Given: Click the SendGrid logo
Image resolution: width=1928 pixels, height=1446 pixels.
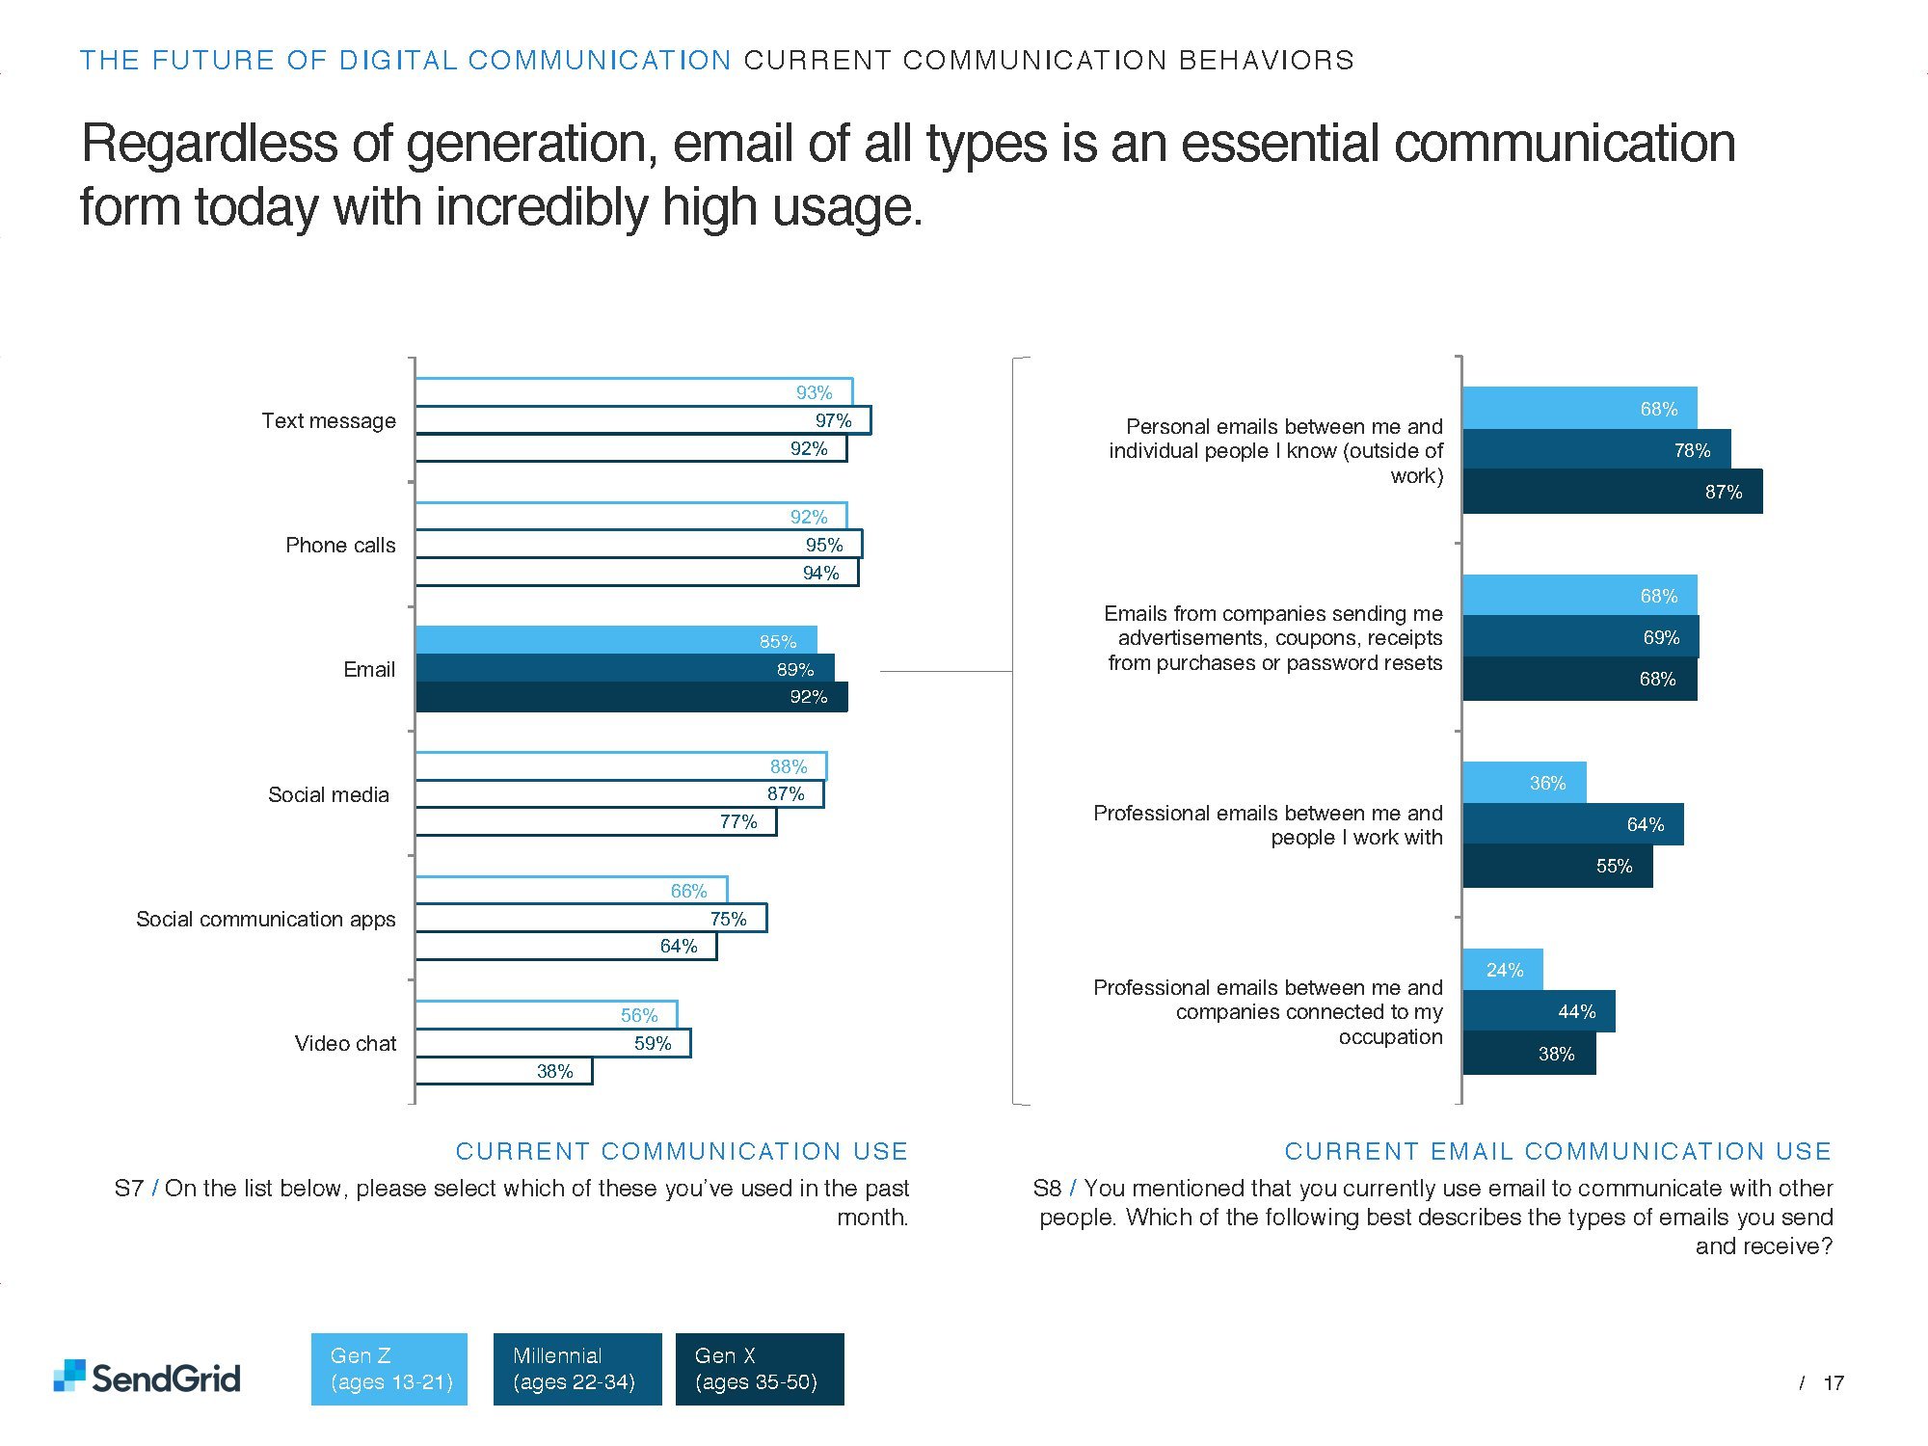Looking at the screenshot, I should pos(147,1377).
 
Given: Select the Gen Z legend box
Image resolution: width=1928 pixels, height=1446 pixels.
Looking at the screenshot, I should pos(388,1369).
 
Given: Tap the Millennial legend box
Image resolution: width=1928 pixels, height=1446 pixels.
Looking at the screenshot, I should pos(576,1369).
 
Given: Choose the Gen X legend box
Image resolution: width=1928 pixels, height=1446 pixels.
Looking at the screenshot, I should pos(759,1369).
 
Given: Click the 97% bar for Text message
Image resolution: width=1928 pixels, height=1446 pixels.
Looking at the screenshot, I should pos(643,420).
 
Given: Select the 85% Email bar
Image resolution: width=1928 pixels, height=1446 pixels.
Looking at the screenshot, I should pos(616,641).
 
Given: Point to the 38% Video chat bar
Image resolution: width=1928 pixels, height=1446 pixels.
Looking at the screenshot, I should pos(503,1071).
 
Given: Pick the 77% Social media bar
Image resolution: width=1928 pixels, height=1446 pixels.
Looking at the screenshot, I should pos(595,822).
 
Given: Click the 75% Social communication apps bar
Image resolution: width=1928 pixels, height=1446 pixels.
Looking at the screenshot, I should pos(591,919).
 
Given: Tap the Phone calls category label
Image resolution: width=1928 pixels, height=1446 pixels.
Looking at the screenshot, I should pos(340,546).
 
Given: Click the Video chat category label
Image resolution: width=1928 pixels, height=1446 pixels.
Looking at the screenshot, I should pos(345,1044).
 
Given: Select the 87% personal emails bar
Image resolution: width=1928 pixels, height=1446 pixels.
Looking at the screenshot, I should pos(1612,492).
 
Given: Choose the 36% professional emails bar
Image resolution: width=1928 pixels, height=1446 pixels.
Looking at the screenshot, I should pos(1524,783).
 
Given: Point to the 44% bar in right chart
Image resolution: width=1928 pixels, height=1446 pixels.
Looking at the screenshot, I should pos(1539,1012).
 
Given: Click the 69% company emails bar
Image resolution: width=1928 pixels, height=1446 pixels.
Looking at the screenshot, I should pos(1580,637).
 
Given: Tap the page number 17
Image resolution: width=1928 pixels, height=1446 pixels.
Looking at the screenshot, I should pos(1834,1383).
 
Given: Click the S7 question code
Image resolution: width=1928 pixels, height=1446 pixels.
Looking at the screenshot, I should pos(128,1189).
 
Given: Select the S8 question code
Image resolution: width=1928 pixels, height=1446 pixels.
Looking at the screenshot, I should pos(1047,1189).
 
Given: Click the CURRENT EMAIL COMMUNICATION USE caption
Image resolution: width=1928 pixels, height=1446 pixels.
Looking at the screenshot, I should pos(1558,1151).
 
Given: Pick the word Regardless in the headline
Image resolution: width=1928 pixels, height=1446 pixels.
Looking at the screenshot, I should pos(208,145).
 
